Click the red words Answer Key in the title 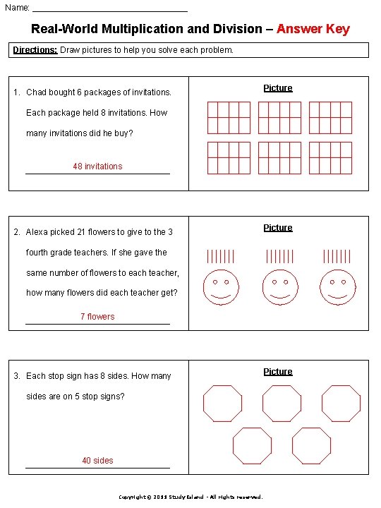click(x=313, y=29)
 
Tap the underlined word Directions click(x=36, y=50)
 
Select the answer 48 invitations click(x=97, y=167)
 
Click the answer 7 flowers click(x=97, y=317)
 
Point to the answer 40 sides click(x=97, y=461)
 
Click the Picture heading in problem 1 click(x=278, y=88)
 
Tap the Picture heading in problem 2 click(x=278, y=228)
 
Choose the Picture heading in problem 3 click(x=278, y=372)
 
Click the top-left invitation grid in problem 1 click(x=229, y=117)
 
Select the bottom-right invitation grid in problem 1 click(x=330, y=157)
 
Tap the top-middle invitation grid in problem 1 click(x=279, y=117)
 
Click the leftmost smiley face click(x=222, y=288)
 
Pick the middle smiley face click(x=280, y=288)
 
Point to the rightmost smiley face click(x=337, y=288)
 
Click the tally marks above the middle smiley click(x=280, y=257)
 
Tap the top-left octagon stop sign click(x=222, y=404)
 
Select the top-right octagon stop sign click(x=341, y=404)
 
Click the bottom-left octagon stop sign click(x=252, y=445)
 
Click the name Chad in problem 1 click(x=36, y=92)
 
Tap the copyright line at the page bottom click(x=190, y=497)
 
